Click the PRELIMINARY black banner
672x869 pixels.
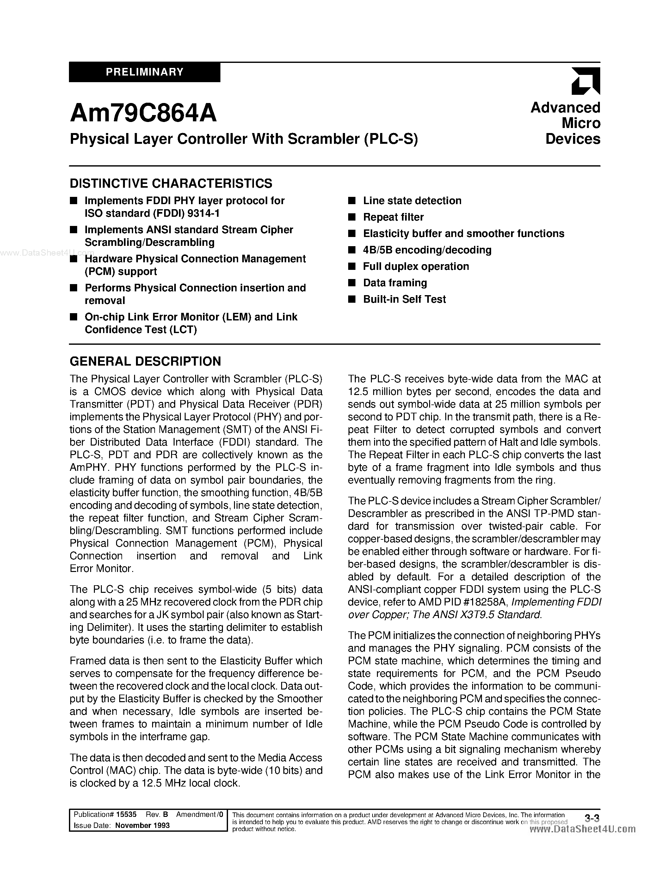coord(145,72)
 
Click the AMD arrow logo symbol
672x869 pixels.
coord(585,81)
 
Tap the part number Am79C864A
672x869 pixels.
coord(143,113)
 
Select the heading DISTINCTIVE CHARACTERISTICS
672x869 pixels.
coord(171,183)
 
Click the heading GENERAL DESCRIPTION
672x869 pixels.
coord(145,361)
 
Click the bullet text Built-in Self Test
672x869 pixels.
coord(404,299)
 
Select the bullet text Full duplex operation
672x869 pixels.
coord(416,266)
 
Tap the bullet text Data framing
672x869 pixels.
coord(395,283)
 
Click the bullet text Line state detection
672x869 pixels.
coord(412,201)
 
